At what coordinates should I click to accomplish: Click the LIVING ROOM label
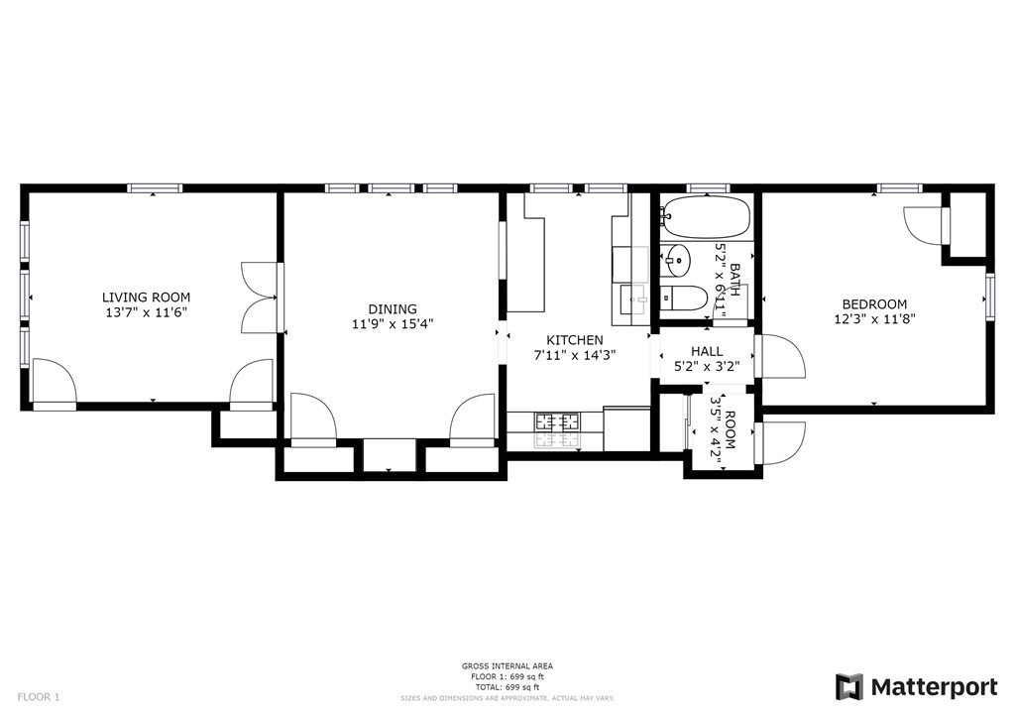coord(147,298)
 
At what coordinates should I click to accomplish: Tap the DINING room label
coord(392,309)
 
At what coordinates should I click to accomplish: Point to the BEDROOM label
coord(874,304)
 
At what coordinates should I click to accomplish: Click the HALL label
coord(707,351)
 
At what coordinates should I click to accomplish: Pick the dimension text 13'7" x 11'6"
coord(147,312)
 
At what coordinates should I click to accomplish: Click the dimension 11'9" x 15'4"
coord(392,324)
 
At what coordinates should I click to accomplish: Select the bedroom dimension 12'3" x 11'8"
coord(874,319)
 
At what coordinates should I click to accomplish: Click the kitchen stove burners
coord(558,421)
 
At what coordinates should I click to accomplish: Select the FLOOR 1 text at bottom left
coord(39,697)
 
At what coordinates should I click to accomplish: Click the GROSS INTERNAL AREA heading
coord(507,666)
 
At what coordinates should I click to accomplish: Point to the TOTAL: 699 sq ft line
coord(507,687)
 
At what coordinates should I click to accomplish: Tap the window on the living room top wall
coord(155,187)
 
